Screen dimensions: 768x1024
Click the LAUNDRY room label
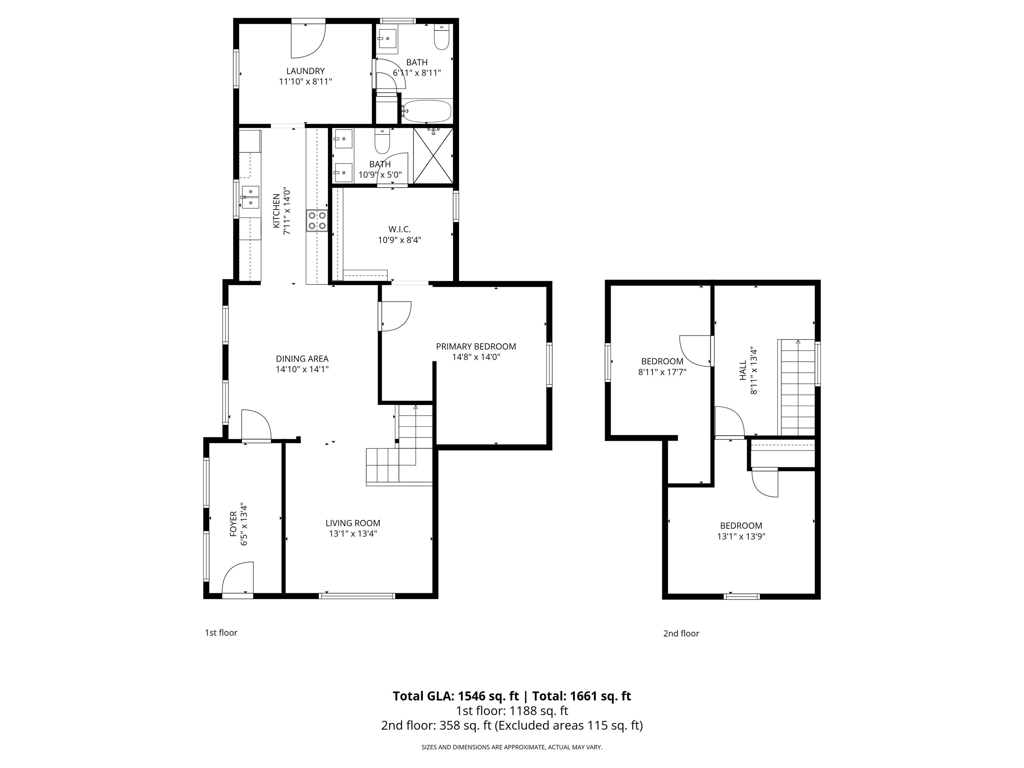(305, 71)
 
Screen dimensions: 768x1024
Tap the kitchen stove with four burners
(317, 220)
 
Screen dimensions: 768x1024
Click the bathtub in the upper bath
(426, 111)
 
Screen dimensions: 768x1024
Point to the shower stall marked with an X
(433, 156)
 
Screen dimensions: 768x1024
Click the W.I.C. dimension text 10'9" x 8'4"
(400, 240)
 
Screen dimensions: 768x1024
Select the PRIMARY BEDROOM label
(476, 346)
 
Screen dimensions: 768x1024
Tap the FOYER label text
(233, 524)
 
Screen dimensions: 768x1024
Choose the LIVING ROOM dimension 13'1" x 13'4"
(353, 533)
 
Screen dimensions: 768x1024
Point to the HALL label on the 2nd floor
(743, 370)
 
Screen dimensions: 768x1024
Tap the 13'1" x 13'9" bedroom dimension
(741, 537)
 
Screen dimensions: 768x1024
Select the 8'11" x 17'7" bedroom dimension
(662, 372)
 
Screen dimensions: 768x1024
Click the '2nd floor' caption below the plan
(681, 633)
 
